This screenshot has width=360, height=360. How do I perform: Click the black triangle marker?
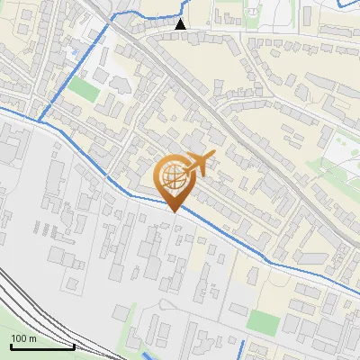click(181, 24)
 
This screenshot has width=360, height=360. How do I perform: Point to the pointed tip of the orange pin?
click(175, 211)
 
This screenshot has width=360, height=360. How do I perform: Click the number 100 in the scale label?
click(18, 338)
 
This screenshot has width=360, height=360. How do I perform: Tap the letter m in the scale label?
click(32, 338)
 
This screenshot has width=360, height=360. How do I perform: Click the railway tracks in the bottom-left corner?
click(27, 306)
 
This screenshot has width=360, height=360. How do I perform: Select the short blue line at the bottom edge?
click(241, 351)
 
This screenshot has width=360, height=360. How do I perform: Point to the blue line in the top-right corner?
click(346, 4)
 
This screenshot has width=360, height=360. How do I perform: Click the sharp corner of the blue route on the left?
click(39, 119)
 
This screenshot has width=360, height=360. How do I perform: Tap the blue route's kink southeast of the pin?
click(267, 260)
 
